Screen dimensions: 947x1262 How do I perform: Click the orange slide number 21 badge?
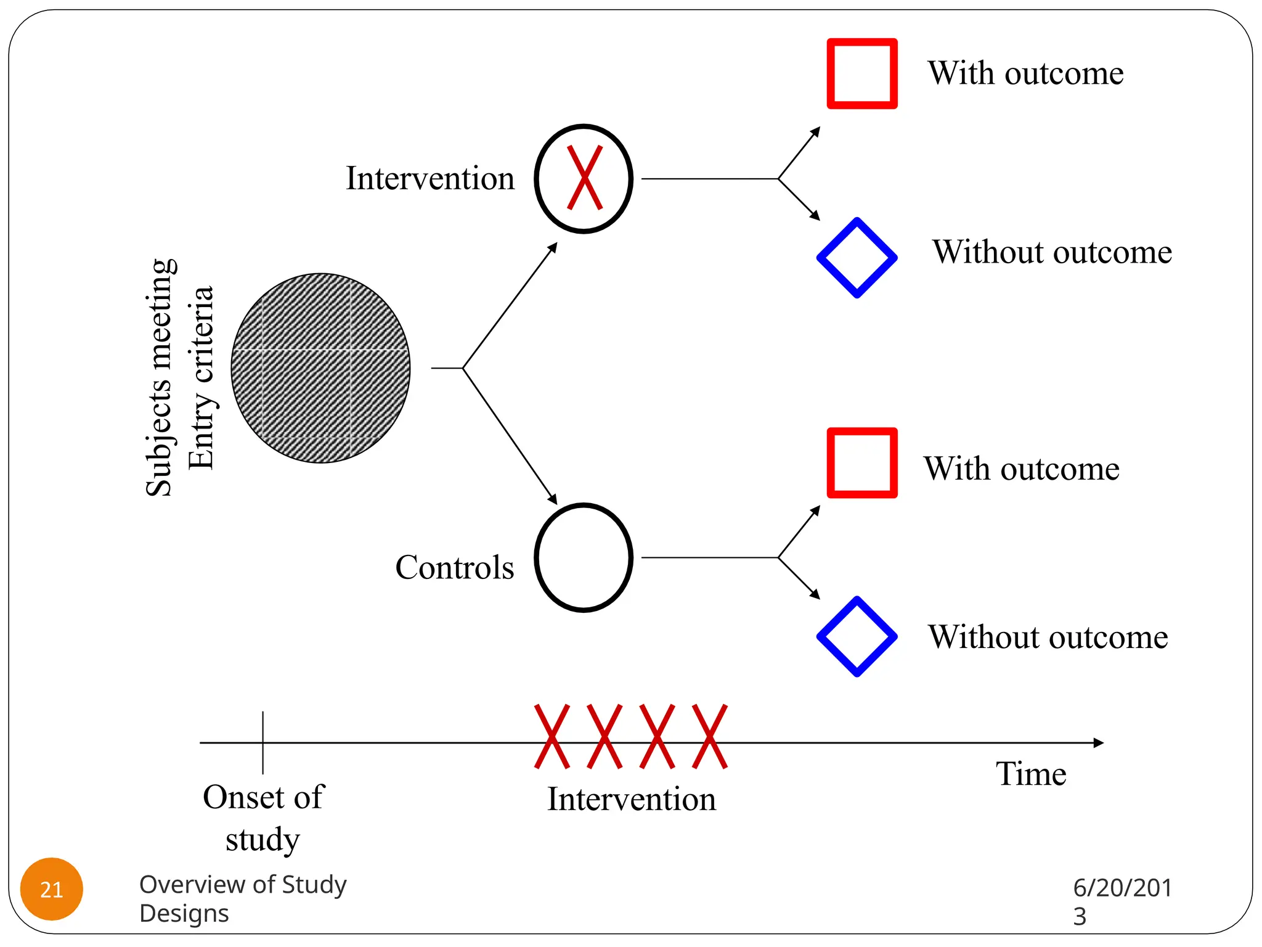[x=52, y=889]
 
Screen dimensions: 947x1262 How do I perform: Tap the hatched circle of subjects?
[x=320, y=368]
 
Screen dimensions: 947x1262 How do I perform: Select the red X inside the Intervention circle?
[x=584, y=178]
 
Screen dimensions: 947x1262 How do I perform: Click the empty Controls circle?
[x=584, y=558]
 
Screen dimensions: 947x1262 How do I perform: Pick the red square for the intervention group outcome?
[x=861, y=74]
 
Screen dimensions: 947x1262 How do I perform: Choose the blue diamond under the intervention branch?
[x=857, y=258]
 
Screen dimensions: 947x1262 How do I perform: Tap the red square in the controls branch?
[x=861, y=462]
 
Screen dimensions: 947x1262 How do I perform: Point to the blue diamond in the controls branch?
[x=857, y=636]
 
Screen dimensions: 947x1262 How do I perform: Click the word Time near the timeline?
[x=1031, y=774]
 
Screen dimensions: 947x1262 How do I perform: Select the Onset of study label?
[x=263, y=818]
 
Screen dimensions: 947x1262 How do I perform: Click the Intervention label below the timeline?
[x=632, y=799]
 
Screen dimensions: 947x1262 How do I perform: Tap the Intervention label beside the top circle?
[x=430, y=178]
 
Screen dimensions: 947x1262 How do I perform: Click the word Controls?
[x=455, y=567]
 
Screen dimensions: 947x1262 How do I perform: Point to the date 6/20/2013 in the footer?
[x=1122, y=901]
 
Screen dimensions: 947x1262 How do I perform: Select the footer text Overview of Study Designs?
[x=243, y=898]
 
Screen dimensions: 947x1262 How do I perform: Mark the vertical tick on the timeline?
[x=263, y=742]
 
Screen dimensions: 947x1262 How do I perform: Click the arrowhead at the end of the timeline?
[x=1098, y=743]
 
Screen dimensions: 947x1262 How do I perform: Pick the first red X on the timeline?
[x=552, y=736]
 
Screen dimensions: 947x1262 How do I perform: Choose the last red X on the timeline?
[x=710, y=736]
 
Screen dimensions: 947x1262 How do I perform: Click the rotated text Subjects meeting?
[x=159, y=377]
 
